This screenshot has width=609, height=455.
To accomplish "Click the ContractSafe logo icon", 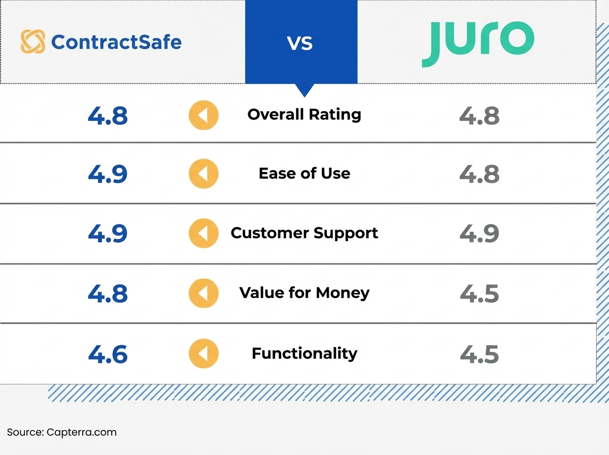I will click(32, 42).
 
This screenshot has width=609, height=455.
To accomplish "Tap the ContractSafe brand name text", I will click(116, 42).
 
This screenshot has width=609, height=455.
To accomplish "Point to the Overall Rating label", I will click(304, 114).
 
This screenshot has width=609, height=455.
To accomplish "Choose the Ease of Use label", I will click(304, 174).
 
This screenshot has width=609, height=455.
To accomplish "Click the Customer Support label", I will click(304, 233).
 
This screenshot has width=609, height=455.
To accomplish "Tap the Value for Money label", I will click(304, 293).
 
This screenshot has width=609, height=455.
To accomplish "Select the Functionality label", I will click(304, 353).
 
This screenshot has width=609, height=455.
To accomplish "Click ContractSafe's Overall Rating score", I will click(108, 116).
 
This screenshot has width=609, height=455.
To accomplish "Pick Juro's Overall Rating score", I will click(479, 116).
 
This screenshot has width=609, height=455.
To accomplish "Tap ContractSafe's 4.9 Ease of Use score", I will click(108, 174).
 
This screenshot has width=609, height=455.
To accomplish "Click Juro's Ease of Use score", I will click(479, 174).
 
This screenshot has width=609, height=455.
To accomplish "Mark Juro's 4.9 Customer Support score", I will click(479, 234).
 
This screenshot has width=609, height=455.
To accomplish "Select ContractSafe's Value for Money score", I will click(108, 294).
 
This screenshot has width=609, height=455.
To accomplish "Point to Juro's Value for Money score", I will click(479, 294).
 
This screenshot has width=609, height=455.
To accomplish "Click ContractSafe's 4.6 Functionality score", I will click(108, 354).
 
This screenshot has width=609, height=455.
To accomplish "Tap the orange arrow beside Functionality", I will click(204, 353).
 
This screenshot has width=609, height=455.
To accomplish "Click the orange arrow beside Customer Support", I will click(204, 234).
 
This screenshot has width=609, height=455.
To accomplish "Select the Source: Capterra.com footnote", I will click(61, 433).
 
